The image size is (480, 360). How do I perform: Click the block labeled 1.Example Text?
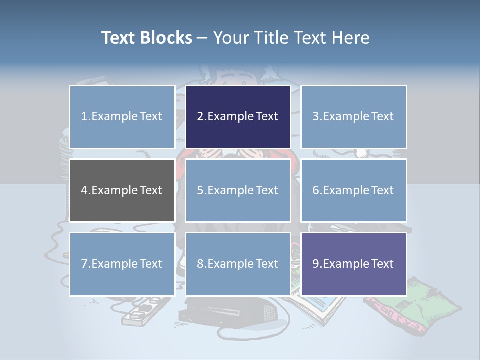click(x=122, y=117)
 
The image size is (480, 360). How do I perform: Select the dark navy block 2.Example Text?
click(x=238, y=117)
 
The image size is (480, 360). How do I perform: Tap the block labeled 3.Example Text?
click(x=353, y=117)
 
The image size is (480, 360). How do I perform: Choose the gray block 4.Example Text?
click(x=122, y=190)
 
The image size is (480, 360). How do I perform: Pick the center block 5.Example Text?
click(x=238, y=190)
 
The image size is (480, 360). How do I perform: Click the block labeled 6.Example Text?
click(x=353, y=190)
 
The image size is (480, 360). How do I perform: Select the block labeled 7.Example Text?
click(x=122, y=264)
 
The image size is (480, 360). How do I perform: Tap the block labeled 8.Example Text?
click(x=238, y=264)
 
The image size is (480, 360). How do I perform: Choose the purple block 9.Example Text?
click(x=353, y=264)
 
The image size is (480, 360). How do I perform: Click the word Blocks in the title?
click(x=166, y=38)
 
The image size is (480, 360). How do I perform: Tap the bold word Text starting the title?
click(x=118, y=38)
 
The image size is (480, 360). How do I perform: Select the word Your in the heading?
click(x=230, y=38)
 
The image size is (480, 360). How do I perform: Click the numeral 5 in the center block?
click(x=200, y=190)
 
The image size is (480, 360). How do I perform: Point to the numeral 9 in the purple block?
click(x=315, y=264)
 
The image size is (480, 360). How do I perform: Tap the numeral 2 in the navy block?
click(x=200, y=117)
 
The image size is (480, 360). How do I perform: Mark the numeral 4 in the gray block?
click(x=84, y=190)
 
